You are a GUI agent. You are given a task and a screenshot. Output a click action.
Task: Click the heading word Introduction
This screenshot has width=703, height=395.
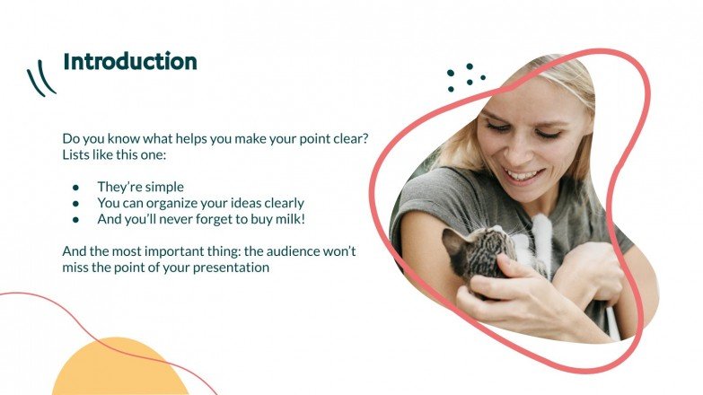click(x=129, y=62)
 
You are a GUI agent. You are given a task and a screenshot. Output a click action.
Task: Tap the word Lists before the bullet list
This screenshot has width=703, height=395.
click(x=78, y=154)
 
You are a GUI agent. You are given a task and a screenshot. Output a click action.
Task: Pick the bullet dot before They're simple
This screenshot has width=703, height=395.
click(x=76, y=188)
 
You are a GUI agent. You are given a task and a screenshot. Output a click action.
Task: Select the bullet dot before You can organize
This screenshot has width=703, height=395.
click(x=76, y=203)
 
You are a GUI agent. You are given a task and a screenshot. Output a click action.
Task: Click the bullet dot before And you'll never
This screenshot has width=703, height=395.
click(x=76, y=219)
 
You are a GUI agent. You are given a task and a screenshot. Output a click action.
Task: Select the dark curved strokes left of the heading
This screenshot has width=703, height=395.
click(x=40, y=77)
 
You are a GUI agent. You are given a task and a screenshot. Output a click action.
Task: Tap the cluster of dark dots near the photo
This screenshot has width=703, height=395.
click(x=466, y=77)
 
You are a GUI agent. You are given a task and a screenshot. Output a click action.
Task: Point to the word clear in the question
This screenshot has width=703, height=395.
click(x=349, y=138)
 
